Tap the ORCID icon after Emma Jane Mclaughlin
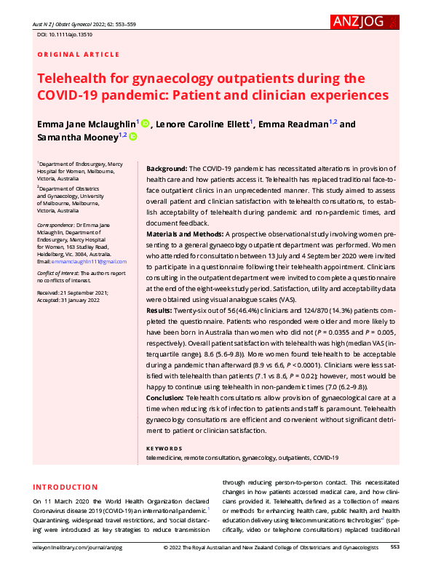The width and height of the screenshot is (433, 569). pos(146,124)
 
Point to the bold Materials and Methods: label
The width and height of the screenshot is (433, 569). pos(185,234)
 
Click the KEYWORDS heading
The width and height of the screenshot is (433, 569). pos(164,448)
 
